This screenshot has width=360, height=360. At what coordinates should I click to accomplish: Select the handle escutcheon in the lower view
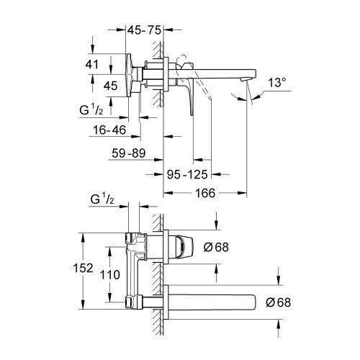pyautogui.click(x=181, y=246)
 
